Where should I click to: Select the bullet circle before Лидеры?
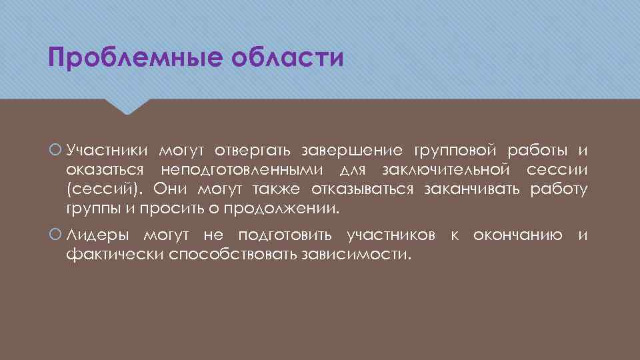[55, 235]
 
